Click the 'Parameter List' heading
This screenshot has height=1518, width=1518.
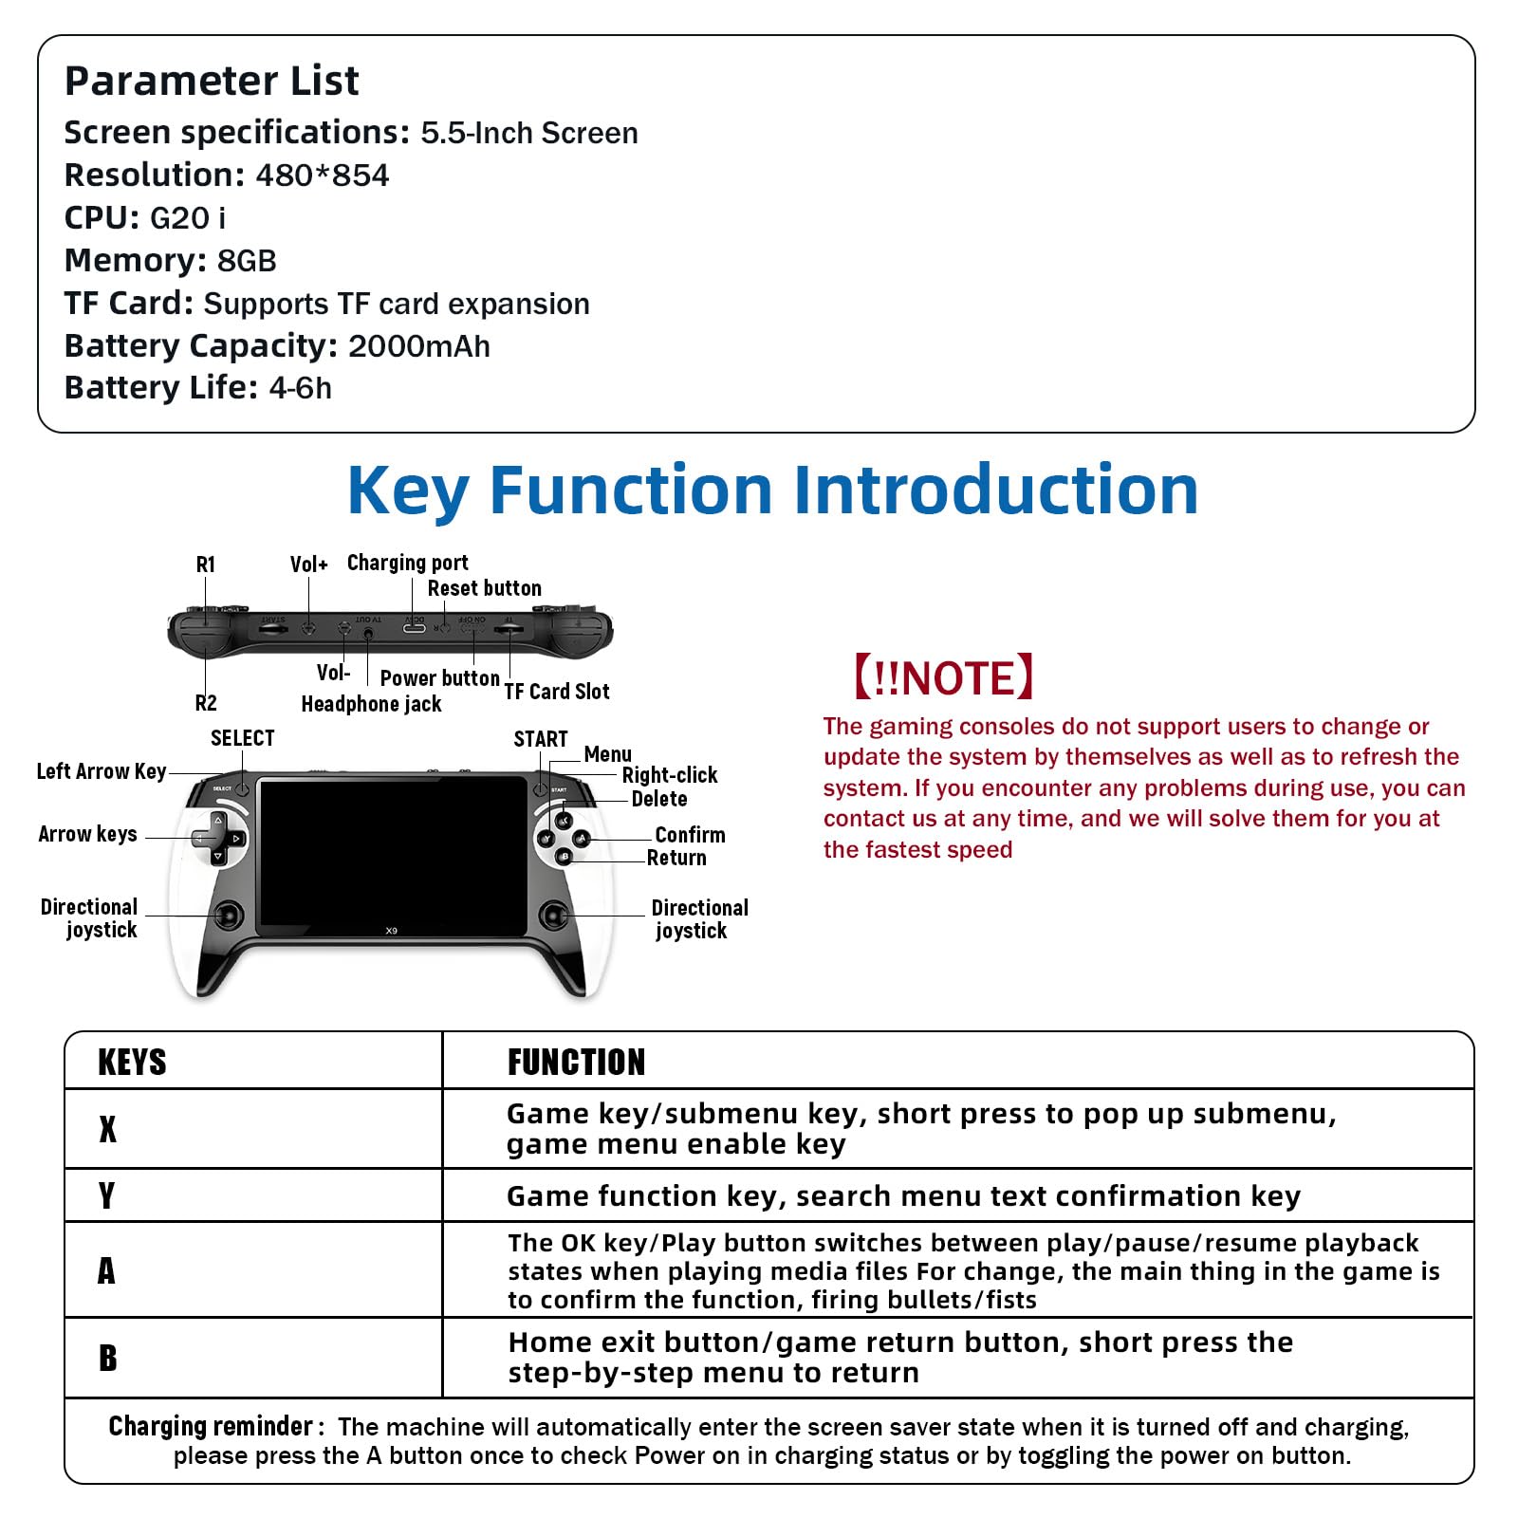(x=212, y=81)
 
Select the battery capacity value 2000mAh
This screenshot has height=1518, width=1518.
(x=418, y=346)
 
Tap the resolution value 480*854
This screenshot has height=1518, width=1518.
(x=322, y=176)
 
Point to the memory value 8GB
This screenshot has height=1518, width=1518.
(x=247, y=261)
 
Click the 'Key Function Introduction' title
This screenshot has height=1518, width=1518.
(x=772, y=490)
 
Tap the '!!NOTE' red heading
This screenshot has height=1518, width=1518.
(x=943, y=677)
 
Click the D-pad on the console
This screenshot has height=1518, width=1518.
(x=218, y=839)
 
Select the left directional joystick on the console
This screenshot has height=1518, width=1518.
(x=229, y=916)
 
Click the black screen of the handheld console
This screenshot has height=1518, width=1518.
(x=392, y=854)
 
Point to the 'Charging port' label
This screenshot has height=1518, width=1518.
(x=407, y=563)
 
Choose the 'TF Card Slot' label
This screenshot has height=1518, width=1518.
(x=556, y=692)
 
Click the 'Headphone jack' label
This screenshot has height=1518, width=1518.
(x=371, y=704)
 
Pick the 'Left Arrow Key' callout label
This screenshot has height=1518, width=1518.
(x=102, y=771)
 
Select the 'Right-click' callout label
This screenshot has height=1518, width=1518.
(x=669, y=775)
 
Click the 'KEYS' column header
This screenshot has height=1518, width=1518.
(x=132, y=1062)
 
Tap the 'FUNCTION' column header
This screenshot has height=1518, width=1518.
(x=576, y=1062)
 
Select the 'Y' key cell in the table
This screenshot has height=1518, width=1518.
(x=107, y=1195)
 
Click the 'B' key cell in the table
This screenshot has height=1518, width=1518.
(x=108, y=1358)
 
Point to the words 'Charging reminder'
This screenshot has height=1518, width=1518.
(x=211, y=1426)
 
